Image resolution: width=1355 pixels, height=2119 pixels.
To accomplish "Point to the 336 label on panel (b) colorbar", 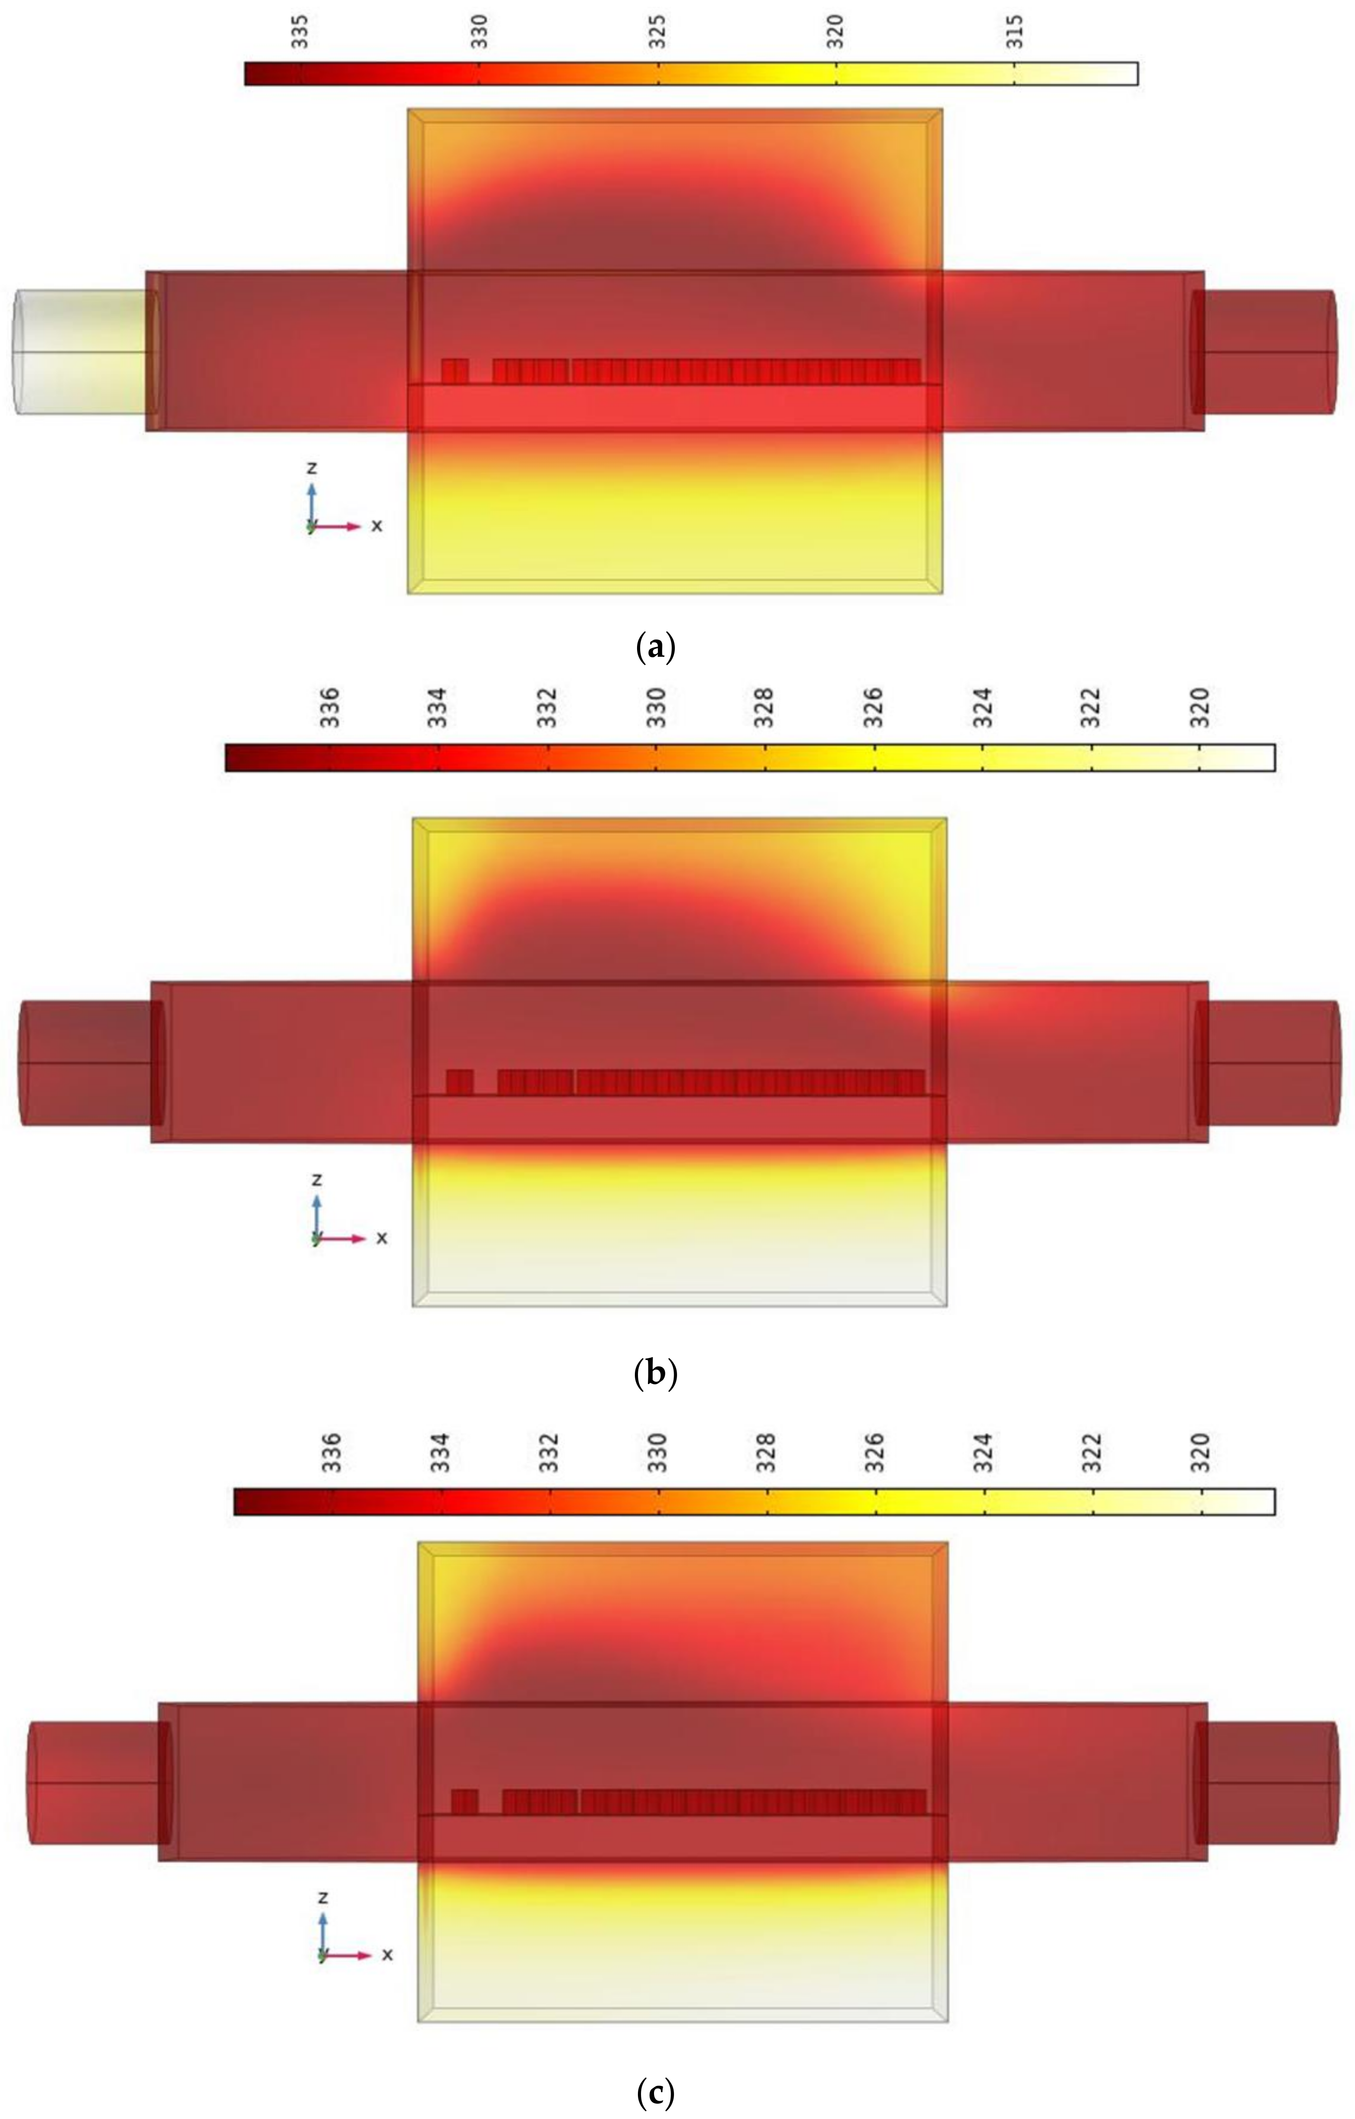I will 330,708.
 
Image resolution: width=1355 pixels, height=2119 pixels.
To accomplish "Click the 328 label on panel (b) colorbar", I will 764,708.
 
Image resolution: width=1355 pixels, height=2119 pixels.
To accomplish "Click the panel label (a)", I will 655,648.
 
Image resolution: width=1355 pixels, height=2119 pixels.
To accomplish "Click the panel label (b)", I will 655,1373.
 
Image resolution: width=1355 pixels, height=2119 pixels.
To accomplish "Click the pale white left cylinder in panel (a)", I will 79,352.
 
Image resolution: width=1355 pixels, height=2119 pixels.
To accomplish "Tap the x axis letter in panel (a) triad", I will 377,525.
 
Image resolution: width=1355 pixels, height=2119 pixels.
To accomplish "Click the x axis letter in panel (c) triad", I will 387,1955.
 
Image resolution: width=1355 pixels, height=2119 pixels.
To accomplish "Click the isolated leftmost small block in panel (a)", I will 454,371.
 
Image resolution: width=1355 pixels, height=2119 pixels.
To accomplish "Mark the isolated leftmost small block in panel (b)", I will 459,1082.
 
